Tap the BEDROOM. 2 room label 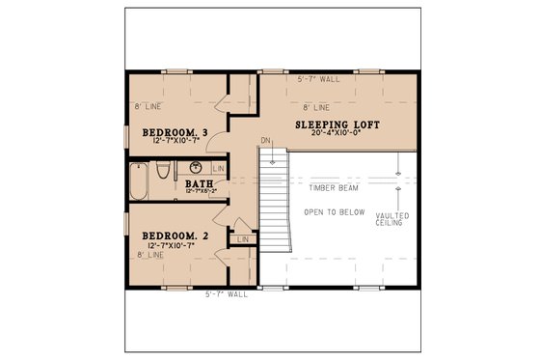click(174, 235)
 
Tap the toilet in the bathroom click(164, 171)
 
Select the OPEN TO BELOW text click(335, 210)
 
